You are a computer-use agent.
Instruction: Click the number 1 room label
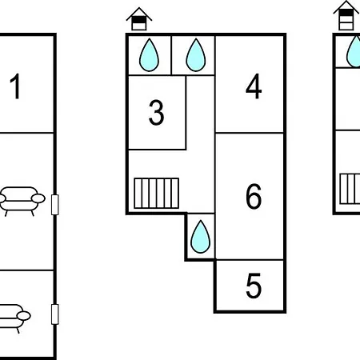tap(15, 86)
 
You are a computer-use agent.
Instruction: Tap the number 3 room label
tap(156, 113)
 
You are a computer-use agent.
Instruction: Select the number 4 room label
tap(254, 86)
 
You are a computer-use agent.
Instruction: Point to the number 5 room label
tap(254, 286)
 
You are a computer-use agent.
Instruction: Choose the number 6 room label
tap(254, 196)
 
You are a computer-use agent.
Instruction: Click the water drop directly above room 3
tap(149, 55)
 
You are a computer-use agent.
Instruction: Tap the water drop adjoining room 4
tap(196, 55)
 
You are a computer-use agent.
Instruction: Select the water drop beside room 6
tap(201, 237)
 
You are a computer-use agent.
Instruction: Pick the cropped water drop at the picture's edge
tap(354, 51)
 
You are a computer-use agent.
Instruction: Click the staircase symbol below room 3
tap(156, 193)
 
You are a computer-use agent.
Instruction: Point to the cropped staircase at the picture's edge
tap(350, 189)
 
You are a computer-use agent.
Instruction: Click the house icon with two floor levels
tap(139, 19)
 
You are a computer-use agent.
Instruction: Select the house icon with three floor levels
tap(346, 15)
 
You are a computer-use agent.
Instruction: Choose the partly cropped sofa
tap(14, 318)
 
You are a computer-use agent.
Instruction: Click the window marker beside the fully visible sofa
tap(54, 205)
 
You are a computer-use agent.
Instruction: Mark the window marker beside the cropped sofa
tap(54, 314)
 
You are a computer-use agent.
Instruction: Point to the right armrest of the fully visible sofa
tap(38, 198)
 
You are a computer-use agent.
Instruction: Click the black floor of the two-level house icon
tap(139, 20)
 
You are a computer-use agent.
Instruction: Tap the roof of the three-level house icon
tap(346, 6)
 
